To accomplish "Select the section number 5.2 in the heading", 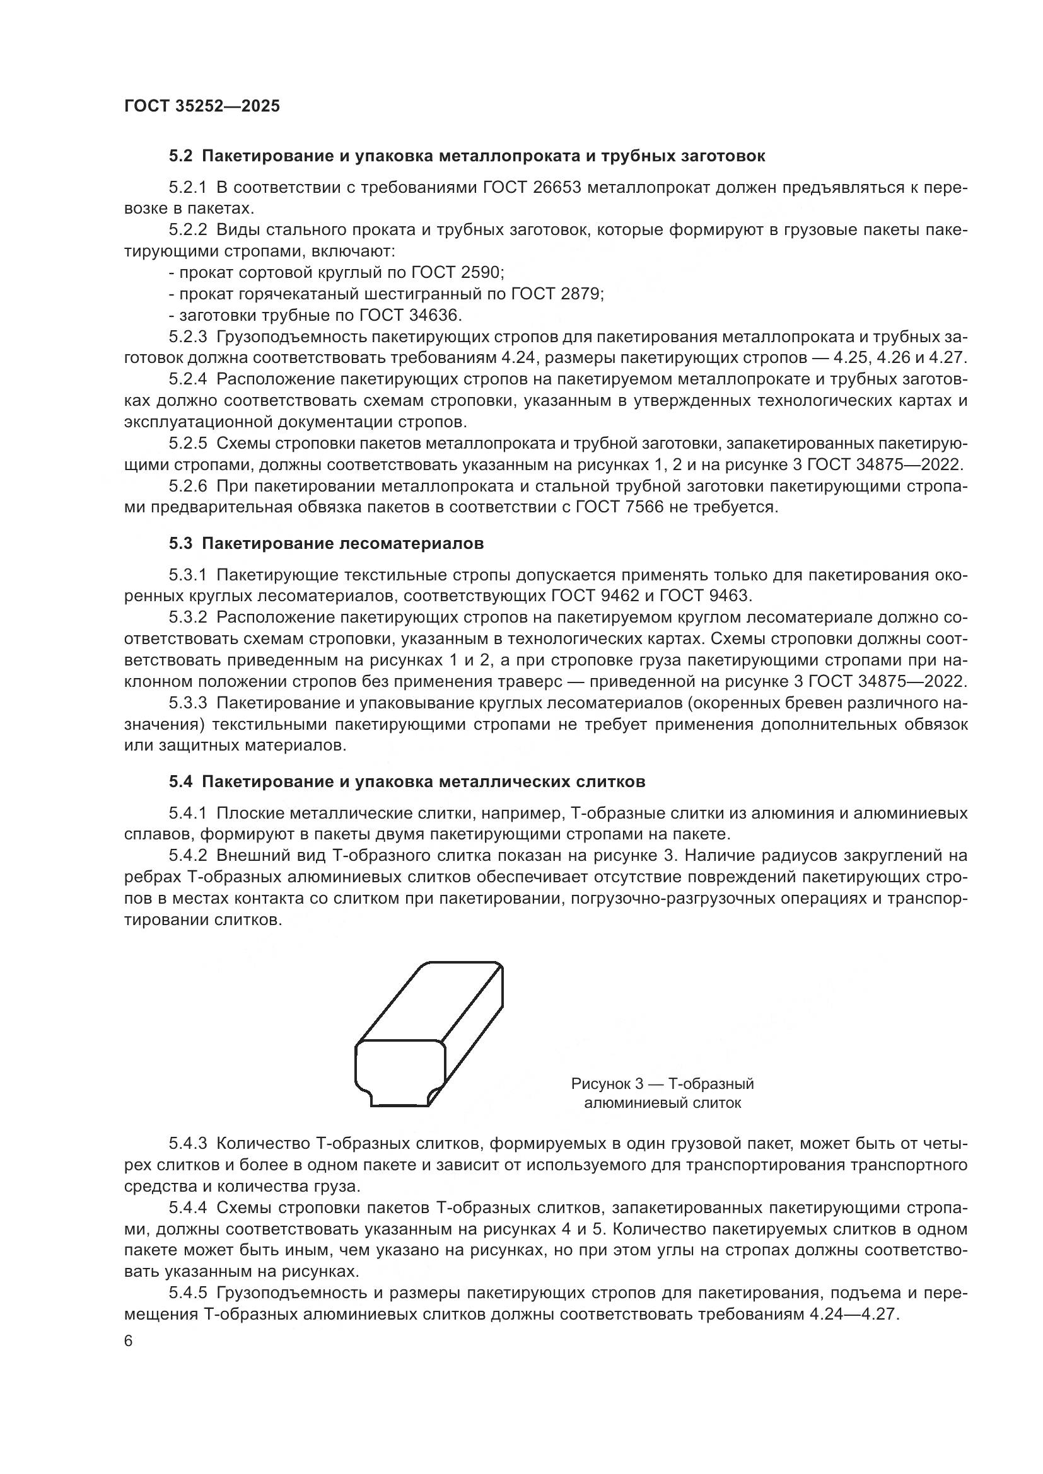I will pos(180,156).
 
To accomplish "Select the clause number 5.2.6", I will pos(188,486).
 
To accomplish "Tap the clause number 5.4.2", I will pos(188,856).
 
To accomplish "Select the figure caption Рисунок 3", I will pos(607,1085).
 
